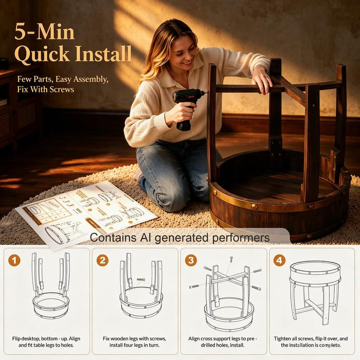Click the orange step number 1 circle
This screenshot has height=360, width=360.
14,261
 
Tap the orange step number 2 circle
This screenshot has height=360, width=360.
102,261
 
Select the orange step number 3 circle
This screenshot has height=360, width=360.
191,261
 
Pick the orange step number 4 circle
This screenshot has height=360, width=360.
279,261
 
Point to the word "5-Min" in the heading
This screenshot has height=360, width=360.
45,32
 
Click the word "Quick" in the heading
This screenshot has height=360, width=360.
42,54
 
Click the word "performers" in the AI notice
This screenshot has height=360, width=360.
241,238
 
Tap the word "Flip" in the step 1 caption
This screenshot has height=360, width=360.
16,338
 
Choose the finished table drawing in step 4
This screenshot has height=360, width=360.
315,292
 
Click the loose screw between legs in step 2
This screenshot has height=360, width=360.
140,279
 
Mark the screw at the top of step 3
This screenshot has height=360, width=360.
231,259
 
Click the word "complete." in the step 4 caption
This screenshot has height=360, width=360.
331,345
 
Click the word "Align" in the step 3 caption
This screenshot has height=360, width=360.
194,338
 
